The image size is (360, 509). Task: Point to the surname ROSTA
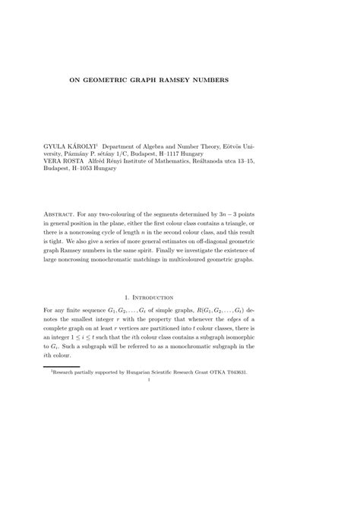pyautogui.click(x=84, y=161)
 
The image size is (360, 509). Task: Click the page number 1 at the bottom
pyautogui.click(x=179, y=381)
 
